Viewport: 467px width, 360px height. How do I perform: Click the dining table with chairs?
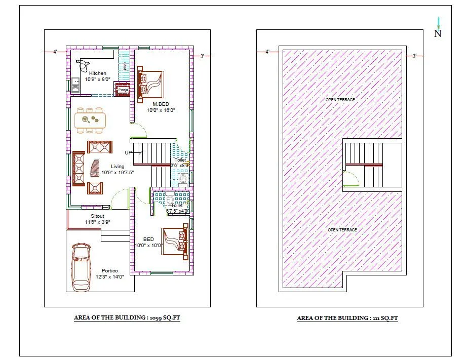[x=90, y=119]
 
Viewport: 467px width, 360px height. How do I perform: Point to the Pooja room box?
[x=122, y=90]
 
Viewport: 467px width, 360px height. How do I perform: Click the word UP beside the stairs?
[x=129, y=152]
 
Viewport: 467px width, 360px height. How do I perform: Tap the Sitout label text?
[x=97, y=216]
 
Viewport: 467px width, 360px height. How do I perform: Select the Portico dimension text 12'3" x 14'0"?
[x=109, y=276]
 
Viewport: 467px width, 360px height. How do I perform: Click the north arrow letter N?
[x=438, y=34]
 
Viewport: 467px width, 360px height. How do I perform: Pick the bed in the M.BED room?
[x=151, y=84]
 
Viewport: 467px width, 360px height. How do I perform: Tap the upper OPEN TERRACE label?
[x=340, y=100]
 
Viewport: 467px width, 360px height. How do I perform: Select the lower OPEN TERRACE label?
[x=342, y=230]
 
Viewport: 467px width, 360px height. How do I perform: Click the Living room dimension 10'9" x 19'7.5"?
[x=118, y=172]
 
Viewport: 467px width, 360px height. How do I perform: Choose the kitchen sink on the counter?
[x=75, y=81]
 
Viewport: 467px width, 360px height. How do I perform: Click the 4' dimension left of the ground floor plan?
[x=55, y=51]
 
